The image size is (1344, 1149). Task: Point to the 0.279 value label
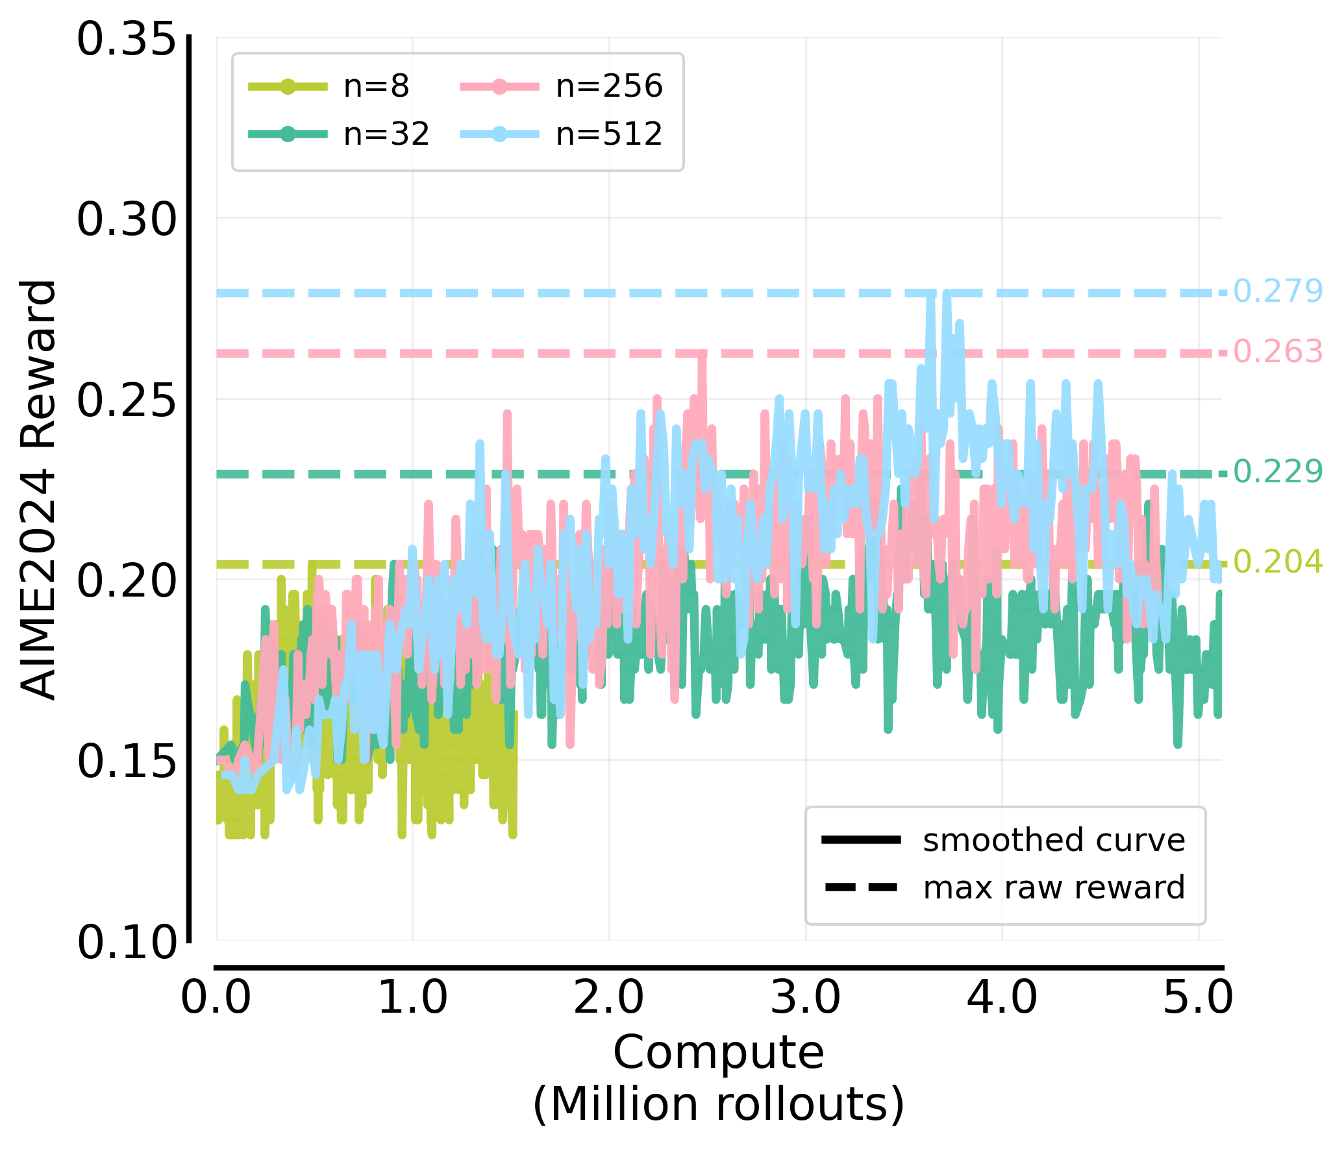point(1277,291)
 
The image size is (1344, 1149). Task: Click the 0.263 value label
point(1277,352)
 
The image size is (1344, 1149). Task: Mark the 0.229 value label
point(1277,472)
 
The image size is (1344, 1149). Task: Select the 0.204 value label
point(1277,562)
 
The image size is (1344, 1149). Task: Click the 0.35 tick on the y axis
point(127,40)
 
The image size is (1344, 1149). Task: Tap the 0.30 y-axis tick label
point(127,219)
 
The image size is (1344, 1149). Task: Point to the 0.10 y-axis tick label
point(127,943)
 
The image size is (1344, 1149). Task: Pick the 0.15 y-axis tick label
point(127,761)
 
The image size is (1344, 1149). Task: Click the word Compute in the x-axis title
point(718,1053)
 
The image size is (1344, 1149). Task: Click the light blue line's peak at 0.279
point(932,294)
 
